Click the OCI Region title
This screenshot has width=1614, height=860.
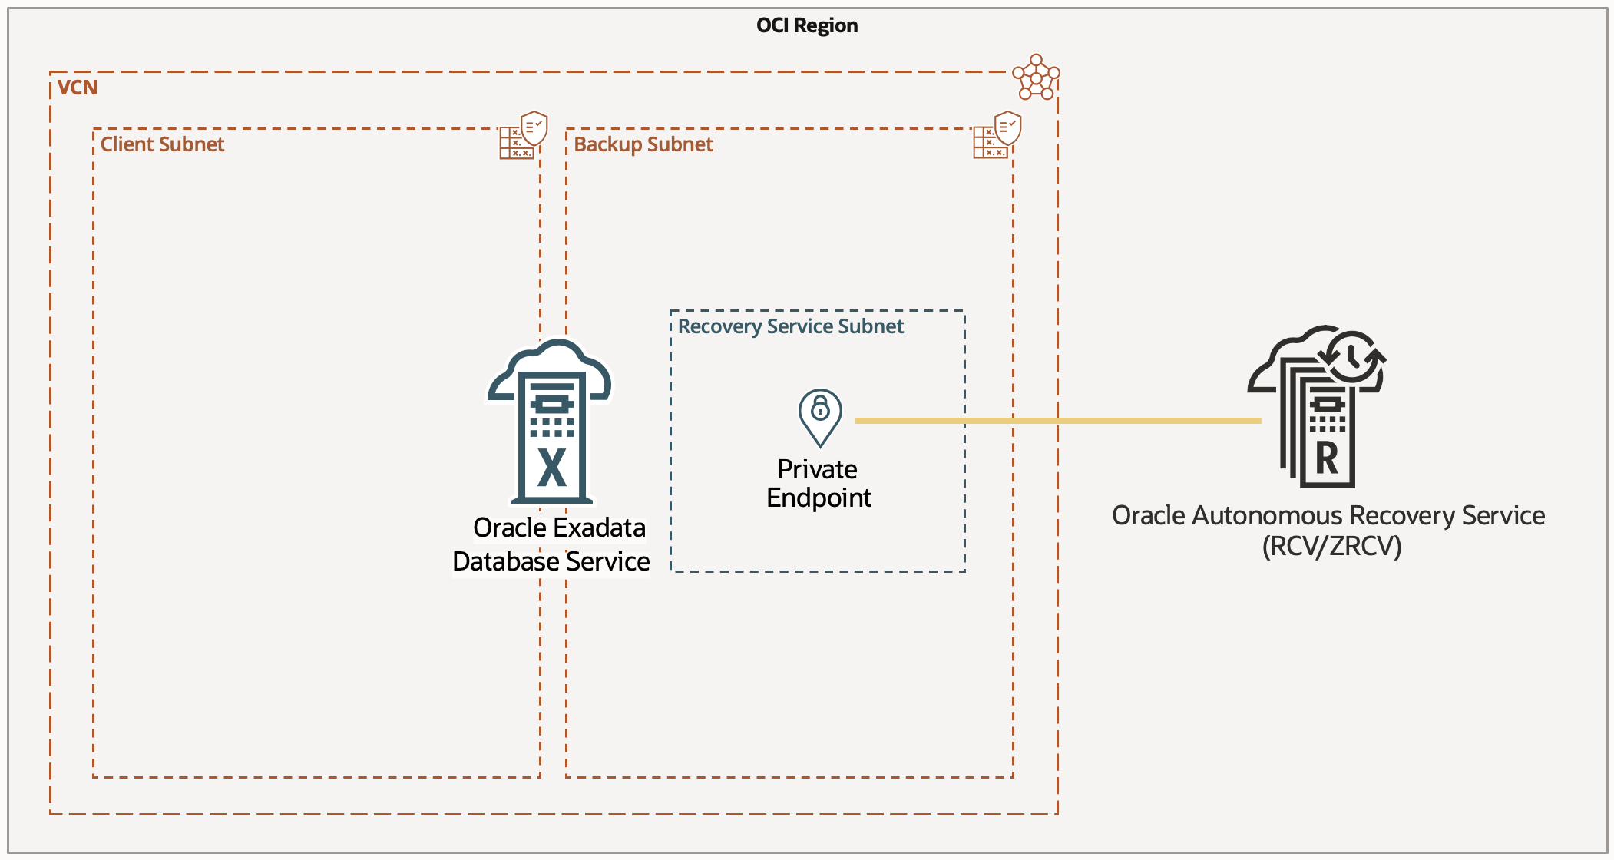pos(806,25)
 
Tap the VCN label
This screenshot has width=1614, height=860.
pos(78,88)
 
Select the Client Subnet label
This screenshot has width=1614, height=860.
pos(162,144)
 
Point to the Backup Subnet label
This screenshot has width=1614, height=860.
pos(643,144)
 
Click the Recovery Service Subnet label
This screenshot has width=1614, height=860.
pos(790,326)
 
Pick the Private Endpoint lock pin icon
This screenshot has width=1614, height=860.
pos(820,415)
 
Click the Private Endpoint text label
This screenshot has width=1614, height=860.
pos(819,483)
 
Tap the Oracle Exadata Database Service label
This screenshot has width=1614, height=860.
pos(551,544)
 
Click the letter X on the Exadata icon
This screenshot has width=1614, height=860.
pos(552,467)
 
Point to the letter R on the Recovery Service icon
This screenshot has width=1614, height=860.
pos(1327,458)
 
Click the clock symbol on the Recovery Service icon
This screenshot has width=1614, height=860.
pos(1352,356)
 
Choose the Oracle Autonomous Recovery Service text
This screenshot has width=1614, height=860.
pos(1328,515)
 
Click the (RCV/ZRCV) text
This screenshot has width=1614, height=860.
pos(1331,546)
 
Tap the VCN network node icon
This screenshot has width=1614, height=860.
pos(1036,77)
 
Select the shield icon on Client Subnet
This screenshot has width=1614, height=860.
pos(534,127)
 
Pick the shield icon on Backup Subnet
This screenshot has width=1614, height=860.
pos(1007,127)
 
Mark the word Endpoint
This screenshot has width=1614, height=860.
pos(819,498)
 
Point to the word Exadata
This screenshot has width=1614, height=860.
pos(600,528)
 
